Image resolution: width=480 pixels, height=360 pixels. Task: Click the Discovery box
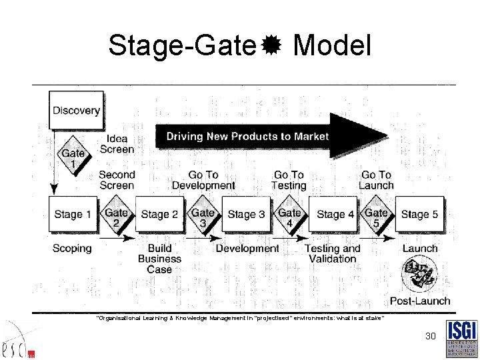(x=76, y=111)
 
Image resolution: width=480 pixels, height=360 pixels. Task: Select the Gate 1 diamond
(x=73, y=159)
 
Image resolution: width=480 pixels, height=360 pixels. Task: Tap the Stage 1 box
(x=73, y=214)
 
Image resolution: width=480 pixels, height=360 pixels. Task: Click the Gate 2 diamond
(x=116, y=217)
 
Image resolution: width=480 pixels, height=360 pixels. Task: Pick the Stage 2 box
(x=159, y=214)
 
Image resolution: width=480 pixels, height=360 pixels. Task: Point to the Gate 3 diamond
(x=203, y=217)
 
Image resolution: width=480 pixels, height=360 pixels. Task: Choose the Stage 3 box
(x=246, y=214)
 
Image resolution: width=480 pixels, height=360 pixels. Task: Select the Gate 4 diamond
(x=289, y=217)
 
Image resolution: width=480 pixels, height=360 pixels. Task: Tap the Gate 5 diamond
(x=376, y=217)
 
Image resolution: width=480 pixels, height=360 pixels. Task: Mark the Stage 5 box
(x=419, y=214)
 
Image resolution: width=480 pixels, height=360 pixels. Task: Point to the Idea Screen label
(x=117, y=144)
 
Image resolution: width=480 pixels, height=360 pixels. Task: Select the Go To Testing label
(x=289, y=180)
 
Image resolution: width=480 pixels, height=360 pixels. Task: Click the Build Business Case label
(x=159, y=259)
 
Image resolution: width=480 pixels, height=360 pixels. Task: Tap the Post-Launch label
(x=420, y=301)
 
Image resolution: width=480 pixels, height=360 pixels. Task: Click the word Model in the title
(x=332, y=46)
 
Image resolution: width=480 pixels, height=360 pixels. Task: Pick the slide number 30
(x=431, y=337)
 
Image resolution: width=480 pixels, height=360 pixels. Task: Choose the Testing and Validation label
(x=332, y=253)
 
